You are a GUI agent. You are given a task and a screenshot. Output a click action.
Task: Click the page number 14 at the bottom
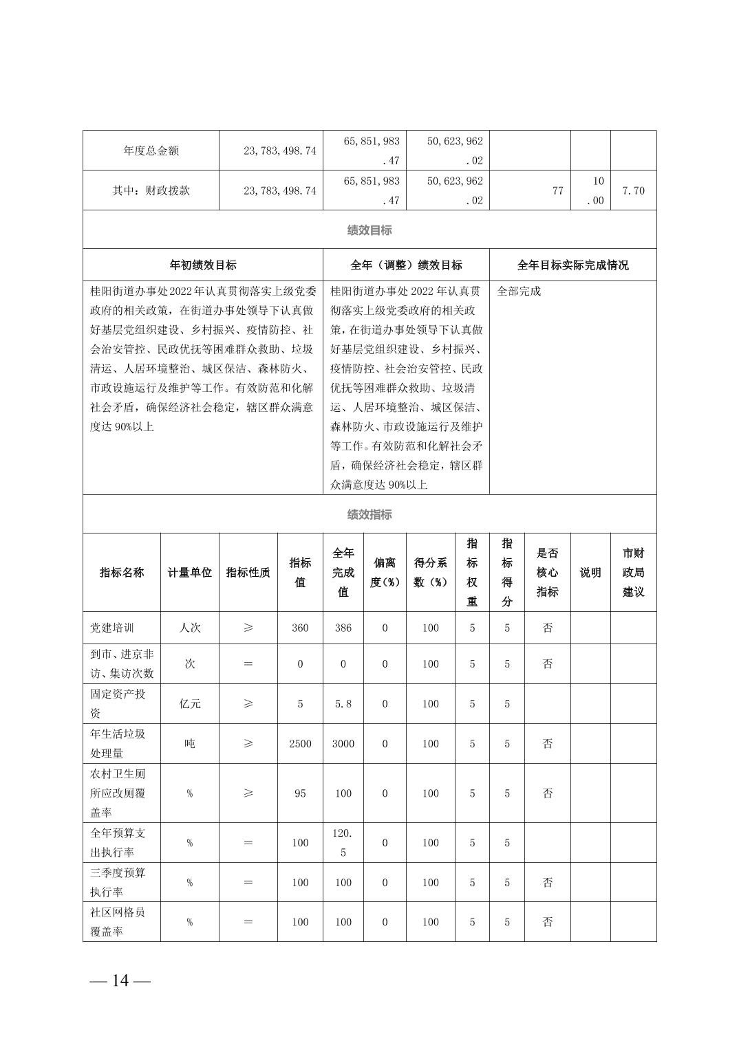pyautogui.click(x=120, y=980)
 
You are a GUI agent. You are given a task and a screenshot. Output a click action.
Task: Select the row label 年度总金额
pyautogui.click(x=151, y=151)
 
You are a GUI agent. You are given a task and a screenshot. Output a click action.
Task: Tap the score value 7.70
pyautogui.click(x=633, y=190)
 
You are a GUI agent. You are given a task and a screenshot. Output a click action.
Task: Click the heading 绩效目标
pyautogui.click(x=369, y=230)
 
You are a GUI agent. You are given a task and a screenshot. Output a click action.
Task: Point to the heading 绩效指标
pyautogui.click(x=369, y=514)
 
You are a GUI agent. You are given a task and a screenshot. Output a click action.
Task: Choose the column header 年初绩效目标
pyautogui.click(x=203, y=265)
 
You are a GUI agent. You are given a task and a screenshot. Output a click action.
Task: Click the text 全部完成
pyautogui.click(x=519, y=291)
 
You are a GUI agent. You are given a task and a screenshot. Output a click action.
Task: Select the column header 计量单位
pyautogui.click(x=190, y=573)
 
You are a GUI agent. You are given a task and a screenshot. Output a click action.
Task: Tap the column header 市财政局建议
pyautogui.click(x=633, y=573)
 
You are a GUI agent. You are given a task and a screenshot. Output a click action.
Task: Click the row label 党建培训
pyautogui.click(x=112, y=628)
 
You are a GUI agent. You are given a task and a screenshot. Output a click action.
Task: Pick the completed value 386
pyautogui.click(x=343, y=628)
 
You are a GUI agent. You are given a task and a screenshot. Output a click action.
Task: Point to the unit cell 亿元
pyautogui.click(x=190, y=704)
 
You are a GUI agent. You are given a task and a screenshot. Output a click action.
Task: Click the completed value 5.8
pyautogui.click(x=343, y=704)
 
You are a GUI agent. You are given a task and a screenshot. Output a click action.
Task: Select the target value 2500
pyautogui.click(x=300, y=744)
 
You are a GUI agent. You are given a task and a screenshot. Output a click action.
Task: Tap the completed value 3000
pyautogui.click(x=343, y=744)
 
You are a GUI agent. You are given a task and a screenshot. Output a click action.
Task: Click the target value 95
pyautogui.click(x=300, y=793)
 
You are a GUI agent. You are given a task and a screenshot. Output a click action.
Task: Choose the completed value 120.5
pyautogui.click(x=343, y=843)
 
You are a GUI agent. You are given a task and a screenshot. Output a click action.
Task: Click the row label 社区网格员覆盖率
pyautogui.click(x=118, y=922)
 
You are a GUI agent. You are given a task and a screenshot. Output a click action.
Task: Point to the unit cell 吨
pyautogui.click(x=190, y=744)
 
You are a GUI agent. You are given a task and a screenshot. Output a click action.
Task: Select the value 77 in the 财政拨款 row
pyautogui.click(x=557, y=190)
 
